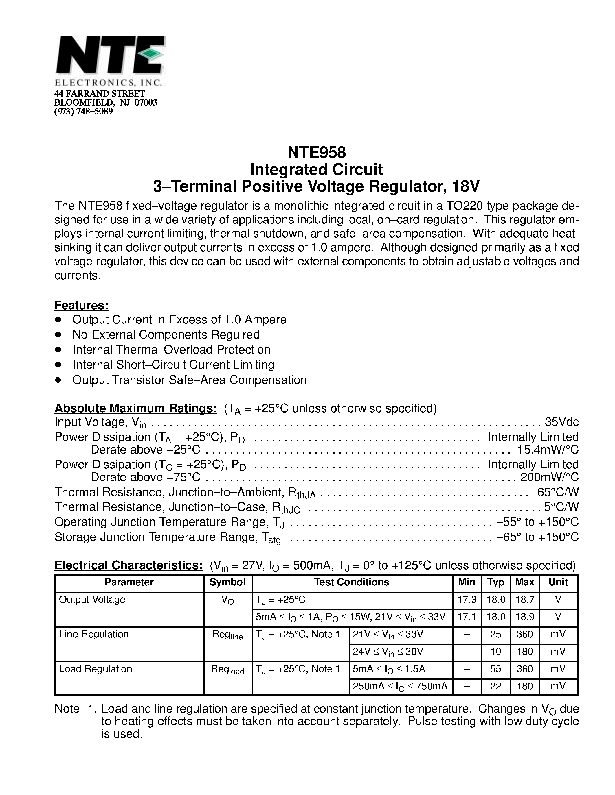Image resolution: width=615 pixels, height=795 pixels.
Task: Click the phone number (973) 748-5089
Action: (x=83, y=111)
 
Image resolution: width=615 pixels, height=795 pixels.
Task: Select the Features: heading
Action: (x=82, y=305)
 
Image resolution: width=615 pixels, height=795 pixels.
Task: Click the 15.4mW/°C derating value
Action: (x=548, y=450)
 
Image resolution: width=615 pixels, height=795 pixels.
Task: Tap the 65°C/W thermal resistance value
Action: (x=558, y=492)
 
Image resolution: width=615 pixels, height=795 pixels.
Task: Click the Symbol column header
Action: (x=227, y=582)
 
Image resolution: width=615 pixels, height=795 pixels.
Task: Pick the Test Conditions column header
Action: (x=352, y=582)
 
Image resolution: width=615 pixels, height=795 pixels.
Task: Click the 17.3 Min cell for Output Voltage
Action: (x=467, y=600)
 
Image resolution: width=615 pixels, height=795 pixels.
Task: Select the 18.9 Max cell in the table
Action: (x=525, y=617)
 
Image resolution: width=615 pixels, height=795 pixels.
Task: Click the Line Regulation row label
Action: (x=94, y=634)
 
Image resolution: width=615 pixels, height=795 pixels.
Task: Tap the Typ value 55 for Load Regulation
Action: (x=495, y=669)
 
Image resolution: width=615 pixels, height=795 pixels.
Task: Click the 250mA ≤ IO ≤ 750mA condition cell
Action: (x=400, y=686)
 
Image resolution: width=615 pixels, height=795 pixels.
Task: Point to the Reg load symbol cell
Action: (x=227, y=670)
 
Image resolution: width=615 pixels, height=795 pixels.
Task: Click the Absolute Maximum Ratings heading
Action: (x=135, y=408)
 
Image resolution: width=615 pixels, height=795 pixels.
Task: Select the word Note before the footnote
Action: (x=67, y=709)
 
